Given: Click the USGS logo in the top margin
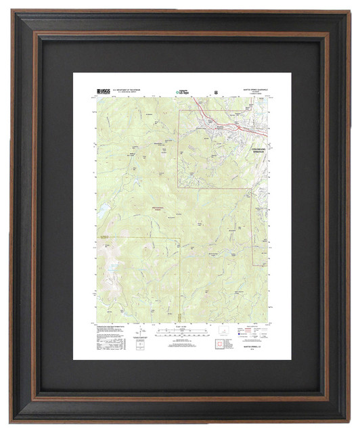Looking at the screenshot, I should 104,90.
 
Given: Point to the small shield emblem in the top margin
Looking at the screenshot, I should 215,90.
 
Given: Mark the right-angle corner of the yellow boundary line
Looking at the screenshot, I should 178,237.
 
